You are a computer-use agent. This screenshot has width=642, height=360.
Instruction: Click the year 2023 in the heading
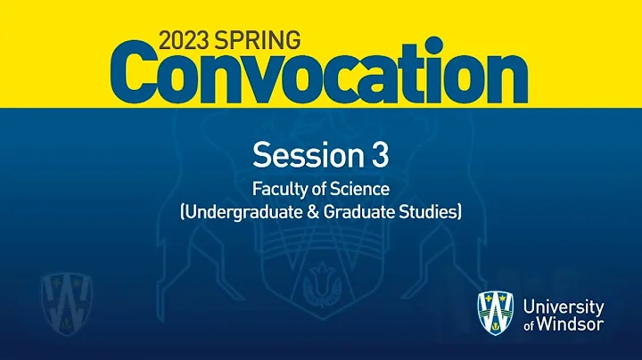coord(185,40)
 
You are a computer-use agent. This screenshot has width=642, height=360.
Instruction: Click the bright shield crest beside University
coord(496,314)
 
